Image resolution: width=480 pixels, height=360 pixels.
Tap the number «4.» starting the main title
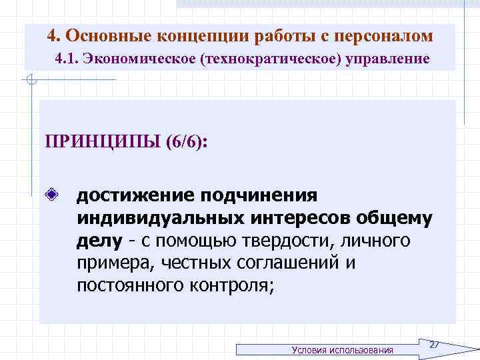(55, 35)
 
